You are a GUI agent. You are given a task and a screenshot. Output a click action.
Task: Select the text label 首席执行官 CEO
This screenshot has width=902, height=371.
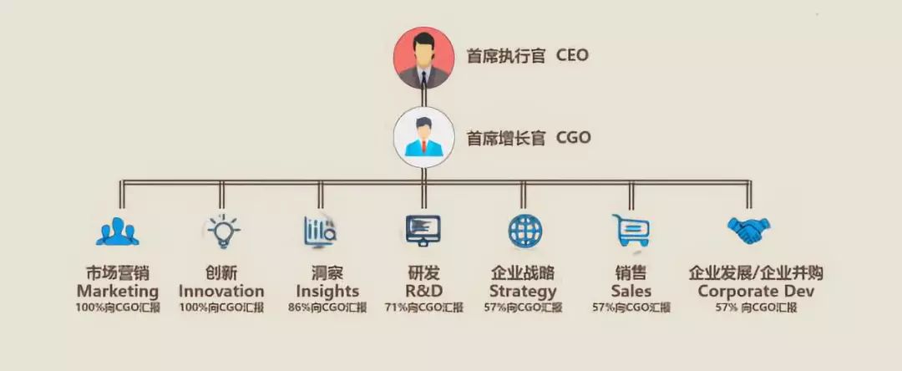[527, 56]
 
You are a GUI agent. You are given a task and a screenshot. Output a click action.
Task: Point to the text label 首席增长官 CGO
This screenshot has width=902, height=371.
[528, 137]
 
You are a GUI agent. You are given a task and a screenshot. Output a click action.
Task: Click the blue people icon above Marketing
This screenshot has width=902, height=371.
[117, 231]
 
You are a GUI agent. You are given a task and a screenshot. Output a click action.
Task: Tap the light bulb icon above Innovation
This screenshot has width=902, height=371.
[221, 231]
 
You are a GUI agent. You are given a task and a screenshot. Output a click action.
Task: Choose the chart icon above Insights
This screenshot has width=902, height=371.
[320, 230]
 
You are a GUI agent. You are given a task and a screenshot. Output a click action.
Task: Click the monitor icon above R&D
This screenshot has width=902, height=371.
[422, 230]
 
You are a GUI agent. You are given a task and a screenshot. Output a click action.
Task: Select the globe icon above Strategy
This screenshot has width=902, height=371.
[525, 230]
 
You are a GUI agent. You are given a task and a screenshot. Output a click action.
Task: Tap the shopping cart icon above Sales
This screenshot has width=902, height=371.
[630, 230]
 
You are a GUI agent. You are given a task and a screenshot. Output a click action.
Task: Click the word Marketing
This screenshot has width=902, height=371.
[117, 292]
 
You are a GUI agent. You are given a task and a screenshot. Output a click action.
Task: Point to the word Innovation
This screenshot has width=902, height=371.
[221, 292]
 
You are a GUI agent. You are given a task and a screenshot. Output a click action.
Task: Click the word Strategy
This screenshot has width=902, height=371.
[523, 292]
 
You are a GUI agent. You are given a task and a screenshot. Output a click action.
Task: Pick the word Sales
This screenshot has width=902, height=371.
[631, 292]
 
